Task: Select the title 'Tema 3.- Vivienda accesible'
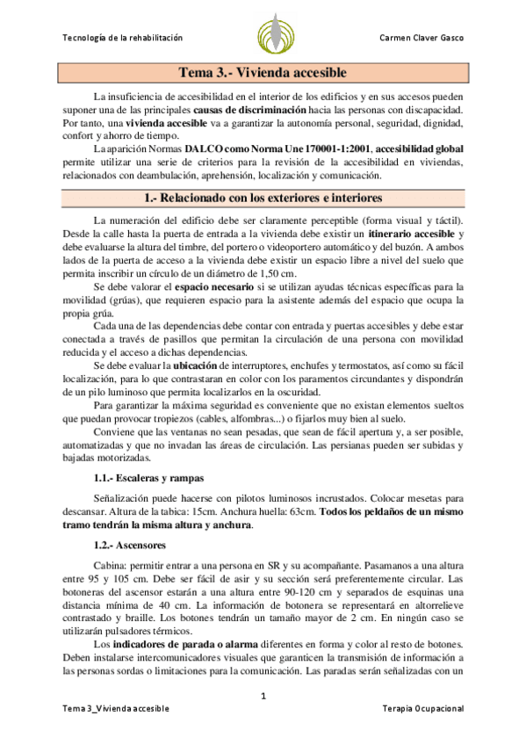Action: (263, 73)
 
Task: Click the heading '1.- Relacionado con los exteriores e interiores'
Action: (263, 198)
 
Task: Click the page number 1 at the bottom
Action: (263, 698)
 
